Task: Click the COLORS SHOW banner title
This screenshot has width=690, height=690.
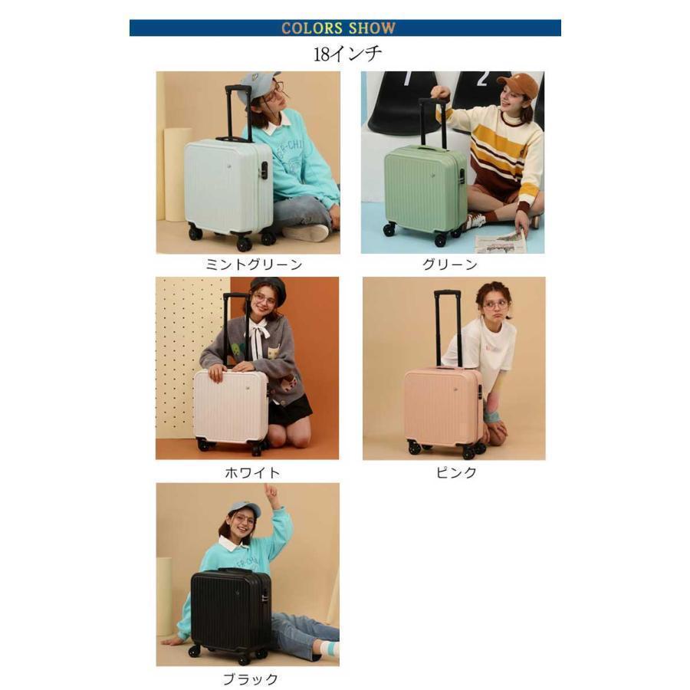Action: tap(338, 28)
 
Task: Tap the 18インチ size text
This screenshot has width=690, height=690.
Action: tap(347, 54)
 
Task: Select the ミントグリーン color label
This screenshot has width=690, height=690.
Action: tap(254, 264)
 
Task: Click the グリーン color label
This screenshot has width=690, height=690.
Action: tap(450, 264)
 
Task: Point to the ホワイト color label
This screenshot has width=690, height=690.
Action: tap(252, 472)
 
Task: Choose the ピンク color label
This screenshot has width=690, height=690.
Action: tap(456, 472)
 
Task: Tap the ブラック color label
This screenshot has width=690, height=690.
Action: tap(250, 679)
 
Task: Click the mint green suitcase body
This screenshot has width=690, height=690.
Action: tap(228, 186)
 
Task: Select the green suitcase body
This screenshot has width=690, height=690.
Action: tap(424, 189)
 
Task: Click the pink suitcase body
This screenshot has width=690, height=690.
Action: tap(443, 406)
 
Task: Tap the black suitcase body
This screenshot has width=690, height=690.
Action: tap(230, 609)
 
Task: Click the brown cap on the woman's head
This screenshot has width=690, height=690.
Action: tap(518, 84)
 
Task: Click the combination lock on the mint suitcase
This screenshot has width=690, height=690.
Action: tap(263, 170)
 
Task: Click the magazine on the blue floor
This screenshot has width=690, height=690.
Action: tap(501, 243)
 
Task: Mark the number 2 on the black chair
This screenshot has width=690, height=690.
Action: tap(482, 79)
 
